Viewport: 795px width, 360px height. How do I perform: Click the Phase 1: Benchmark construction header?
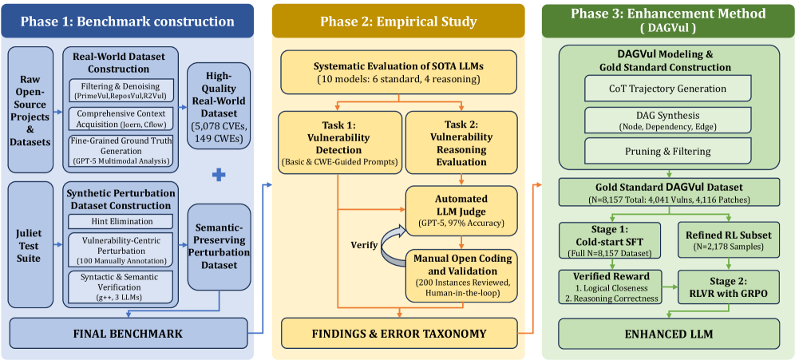[128, 21]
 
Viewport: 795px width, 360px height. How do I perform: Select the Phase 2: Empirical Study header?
[397, 21]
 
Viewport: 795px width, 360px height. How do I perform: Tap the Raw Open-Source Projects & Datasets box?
[30, 109]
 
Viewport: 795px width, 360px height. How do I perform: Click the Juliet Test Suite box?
[30, 244]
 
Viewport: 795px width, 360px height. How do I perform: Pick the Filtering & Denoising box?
[121, 91]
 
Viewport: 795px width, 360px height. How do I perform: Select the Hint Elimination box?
[121, 221]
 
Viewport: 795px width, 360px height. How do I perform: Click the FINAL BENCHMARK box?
[129, 333]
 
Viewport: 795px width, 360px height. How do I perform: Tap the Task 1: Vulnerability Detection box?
[338, 140]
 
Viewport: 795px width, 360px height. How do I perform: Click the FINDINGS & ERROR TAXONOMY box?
[398, 333]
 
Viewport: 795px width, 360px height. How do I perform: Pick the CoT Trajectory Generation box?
[667, 88]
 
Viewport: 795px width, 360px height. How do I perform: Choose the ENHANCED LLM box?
[667, 333]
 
